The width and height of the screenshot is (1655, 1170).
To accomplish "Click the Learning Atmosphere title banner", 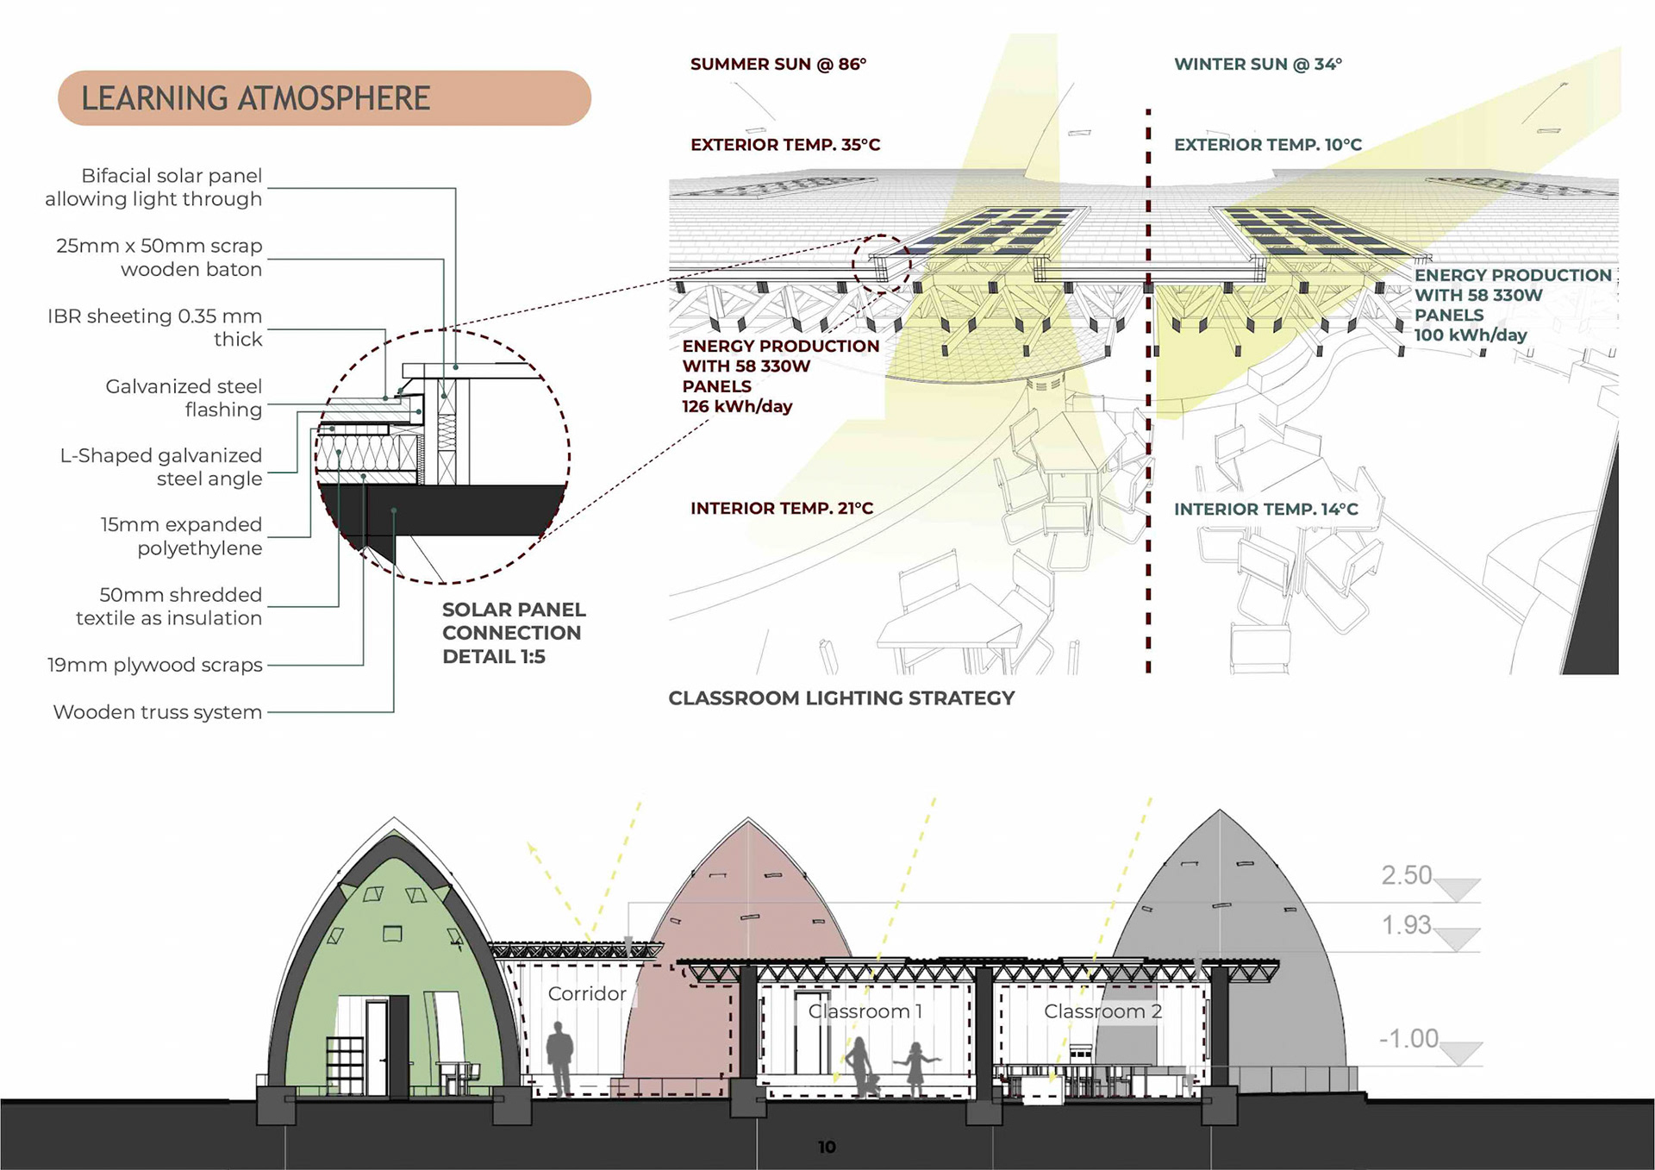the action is [324, 98].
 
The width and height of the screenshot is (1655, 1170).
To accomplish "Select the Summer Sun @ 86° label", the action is [778, 64].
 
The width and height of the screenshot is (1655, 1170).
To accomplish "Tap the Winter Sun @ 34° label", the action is [1258, 64].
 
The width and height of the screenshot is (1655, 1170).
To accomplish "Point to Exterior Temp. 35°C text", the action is [784, 144].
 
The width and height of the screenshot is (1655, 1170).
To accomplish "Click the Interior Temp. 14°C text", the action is [1265, 509].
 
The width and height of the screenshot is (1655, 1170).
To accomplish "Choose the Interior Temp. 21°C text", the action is [781, 508].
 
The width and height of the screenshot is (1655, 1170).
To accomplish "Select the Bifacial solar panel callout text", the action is [153, 187].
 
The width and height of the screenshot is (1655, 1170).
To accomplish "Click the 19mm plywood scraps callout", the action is [155, 665].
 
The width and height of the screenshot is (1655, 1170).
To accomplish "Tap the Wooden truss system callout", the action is [158, 712].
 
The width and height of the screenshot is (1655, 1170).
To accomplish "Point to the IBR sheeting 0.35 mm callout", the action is [155, 328].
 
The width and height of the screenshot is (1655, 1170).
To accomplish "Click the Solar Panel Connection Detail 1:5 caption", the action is [514, 633].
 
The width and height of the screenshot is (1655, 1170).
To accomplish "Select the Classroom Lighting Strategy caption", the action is [841, 698].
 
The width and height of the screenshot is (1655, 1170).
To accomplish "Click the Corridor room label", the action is [587, 993].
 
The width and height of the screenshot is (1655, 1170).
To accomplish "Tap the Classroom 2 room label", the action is [1102, 1010].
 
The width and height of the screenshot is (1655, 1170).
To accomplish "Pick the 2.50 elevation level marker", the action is [1406, 875].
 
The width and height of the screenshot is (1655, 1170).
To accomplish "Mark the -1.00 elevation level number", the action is [1408, 1038].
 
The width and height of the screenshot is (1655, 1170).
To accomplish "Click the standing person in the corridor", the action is [560, 1059].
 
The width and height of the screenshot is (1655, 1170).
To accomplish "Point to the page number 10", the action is [827, 1147].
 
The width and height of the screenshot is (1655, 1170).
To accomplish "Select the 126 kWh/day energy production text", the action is [737, 406].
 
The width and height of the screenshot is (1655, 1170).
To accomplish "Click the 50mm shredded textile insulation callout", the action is [169, 606].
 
